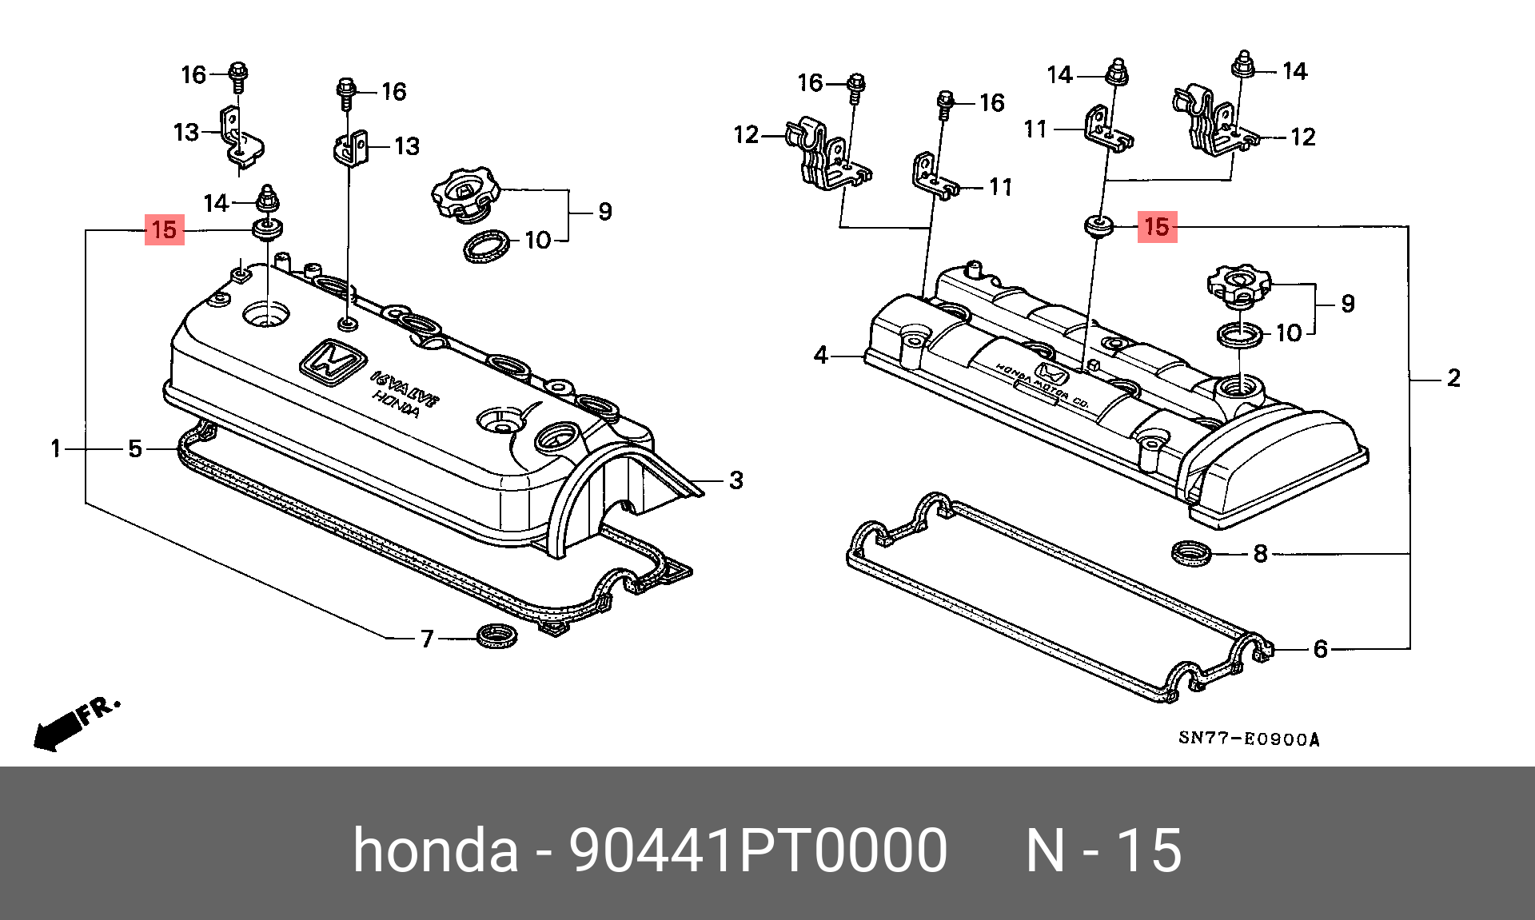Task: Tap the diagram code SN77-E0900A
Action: [x=1249, y=739]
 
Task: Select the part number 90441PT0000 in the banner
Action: [x=757, y=850]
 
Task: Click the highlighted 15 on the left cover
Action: [x=164, y=230]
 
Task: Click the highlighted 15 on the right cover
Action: [x=1157, y=226]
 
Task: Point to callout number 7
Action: [x=428, y=639]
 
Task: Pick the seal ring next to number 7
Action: [x=496, y=636]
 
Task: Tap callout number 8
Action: [x=1261, y=553]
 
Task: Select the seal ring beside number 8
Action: [x=1191, y=552]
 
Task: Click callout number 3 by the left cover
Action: [x=736, y=480]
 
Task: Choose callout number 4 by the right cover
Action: [x=821, y=355]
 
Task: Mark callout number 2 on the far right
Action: [x=1453, y=378]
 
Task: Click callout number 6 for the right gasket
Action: [x=1321, y=649]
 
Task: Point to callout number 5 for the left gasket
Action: [x=135, y=449]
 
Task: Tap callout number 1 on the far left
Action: [x=56, y=449]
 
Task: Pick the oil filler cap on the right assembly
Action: [x=1238, y=285]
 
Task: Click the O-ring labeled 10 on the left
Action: [x=487, y=245]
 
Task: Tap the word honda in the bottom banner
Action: [x=436, y=850]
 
